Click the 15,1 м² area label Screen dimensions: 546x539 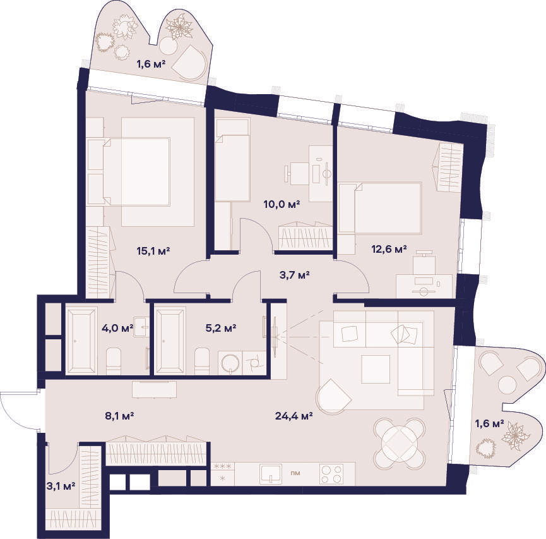coord(153,251)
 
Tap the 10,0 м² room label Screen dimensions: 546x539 coord(282,204)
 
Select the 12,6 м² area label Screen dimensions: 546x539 coord(389,249)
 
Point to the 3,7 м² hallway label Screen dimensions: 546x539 coord(295,275)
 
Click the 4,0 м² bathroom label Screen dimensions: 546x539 coord(117,328)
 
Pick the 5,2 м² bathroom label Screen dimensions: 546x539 coord(221,328)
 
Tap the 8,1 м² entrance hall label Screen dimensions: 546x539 coord(119,416)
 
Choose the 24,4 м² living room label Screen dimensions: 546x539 coord(294,416)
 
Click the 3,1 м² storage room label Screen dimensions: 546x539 coord(61,486)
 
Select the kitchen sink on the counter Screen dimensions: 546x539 coord(271,474)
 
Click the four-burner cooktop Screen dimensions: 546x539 coord(331,474)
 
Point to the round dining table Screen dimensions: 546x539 coord(400,444)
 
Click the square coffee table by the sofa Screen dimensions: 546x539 coord(376,369)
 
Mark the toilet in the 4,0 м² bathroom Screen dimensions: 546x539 coord(114,361)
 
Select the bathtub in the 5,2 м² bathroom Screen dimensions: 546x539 coord(170,341)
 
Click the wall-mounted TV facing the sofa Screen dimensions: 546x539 coord(275,337)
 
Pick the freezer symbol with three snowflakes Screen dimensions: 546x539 coord(223,466)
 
